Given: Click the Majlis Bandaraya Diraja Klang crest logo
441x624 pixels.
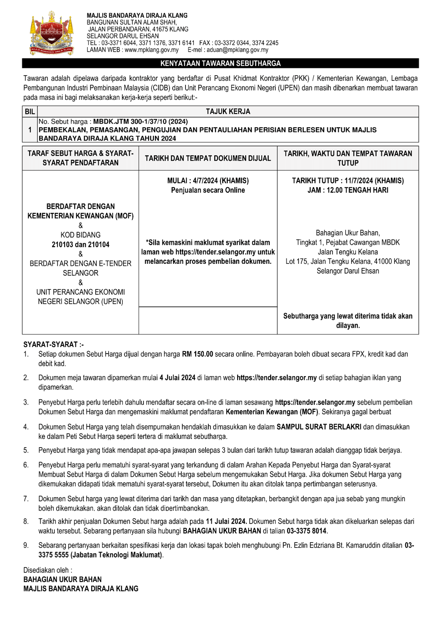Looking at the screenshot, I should pos(52,34).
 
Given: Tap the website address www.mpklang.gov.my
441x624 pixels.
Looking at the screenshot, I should pos(151,50).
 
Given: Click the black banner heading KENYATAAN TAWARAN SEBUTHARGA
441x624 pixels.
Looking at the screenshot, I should pos(220,64).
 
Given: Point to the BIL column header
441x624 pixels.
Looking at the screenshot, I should pos(30,111).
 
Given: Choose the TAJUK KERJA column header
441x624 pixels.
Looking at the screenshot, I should pos(228,111).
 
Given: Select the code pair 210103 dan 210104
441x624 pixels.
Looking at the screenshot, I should pos(80,245).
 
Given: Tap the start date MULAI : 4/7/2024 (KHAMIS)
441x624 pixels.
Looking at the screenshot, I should pos(208,181).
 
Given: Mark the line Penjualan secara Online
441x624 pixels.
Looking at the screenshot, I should pos(208,190).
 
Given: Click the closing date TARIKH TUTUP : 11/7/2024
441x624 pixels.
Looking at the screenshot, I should pos(348,181).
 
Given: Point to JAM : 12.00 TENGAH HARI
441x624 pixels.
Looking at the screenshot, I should pos(348,190).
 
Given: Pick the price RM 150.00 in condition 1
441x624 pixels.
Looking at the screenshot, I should pos(197,354).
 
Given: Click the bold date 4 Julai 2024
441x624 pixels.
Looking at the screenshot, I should pos(177,378).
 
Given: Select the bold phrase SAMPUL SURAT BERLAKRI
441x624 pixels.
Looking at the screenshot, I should pos(319,427).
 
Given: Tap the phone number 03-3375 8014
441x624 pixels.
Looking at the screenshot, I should pos(307,531).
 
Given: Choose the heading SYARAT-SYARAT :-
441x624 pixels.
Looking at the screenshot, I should pos(53,344).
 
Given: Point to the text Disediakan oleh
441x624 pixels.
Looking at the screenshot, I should pos(47,570).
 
